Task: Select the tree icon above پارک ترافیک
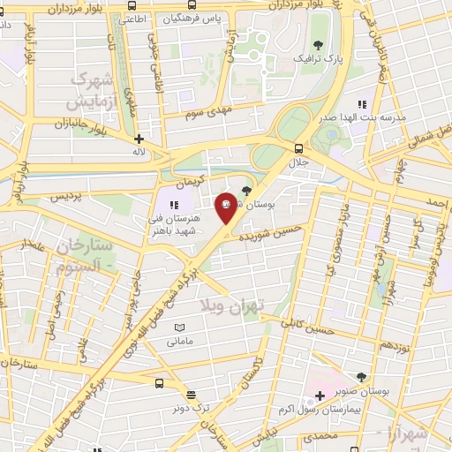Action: pos(318,44)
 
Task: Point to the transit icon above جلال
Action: pos(298,147)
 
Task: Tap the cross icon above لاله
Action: pos(139,139)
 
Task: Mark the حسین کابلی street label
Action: pos(307,328)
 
